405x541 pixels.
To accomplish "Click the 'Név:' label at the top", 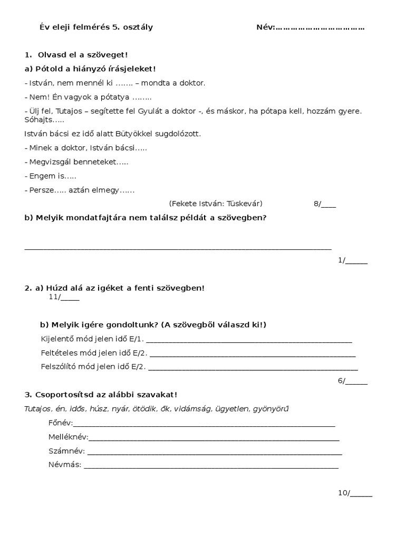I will (265, 27).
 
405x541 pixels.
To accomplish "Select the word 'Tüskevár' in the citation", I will (244, 203).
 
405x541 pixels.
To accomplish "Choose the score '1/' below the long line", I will (342, 260).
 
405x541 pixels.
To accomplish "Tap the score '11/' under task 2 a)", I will (55, 297).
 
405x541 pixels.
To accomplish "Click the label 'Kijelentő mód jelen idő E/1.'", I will (92, 339).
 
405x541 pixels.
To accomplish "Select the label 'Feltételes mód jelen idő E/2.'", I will (95, 353).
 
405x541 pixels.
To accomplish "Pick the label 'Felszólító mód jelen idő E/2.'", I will (93, 367).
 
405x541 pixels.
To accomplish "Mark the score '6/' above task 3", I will (342, 380).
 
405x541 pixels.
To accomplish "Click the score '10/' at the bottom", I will (344, 493).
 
